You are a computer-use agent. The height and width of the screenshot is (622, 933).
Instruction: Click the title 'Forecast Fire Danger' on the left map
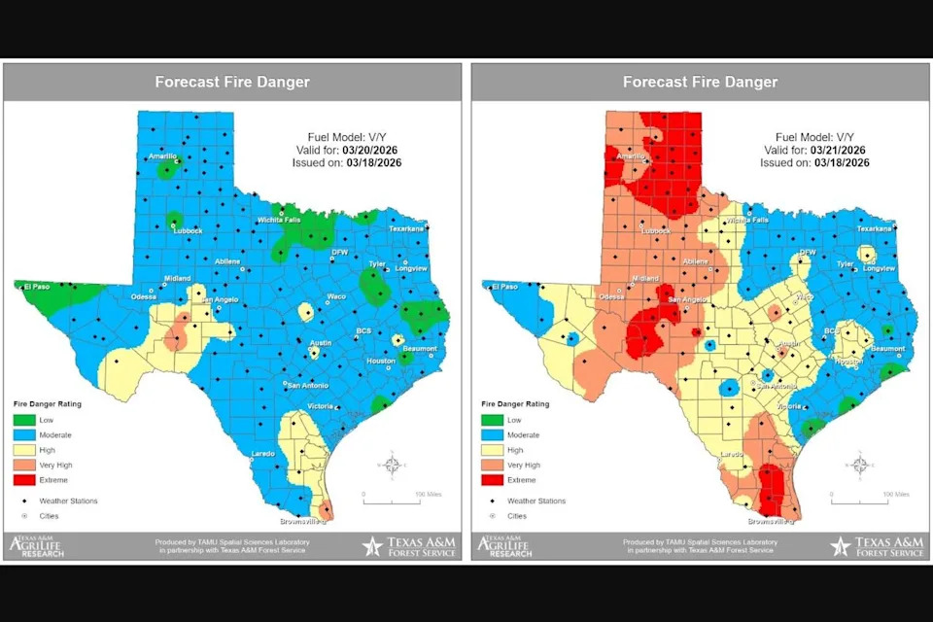[232, 83]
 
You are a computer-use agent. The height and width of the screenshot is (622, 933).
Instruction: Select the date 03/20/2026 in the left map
[369, 150]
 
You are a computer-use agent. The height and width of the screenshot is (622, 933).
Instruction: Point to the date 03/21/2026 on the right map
[837, 150]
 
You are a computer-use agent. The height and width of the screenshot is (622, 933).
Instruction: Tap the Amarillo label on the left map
[161, 156]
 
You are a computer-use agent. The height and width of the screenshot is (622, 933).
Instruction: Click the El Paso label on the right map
[503, 287]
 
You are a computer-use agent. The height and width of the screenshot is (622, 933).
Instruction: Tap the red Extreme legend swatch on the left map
[28, 480]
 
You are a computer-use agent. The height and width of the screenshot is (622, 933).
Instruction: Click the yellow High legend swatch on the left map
[28, 450]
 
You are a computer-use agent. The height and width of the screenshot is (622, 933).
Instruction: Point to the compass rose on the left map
[391, 466]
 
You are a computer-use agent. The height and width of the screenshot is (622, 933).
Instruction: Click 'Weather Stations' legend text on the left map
[68, 501]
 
